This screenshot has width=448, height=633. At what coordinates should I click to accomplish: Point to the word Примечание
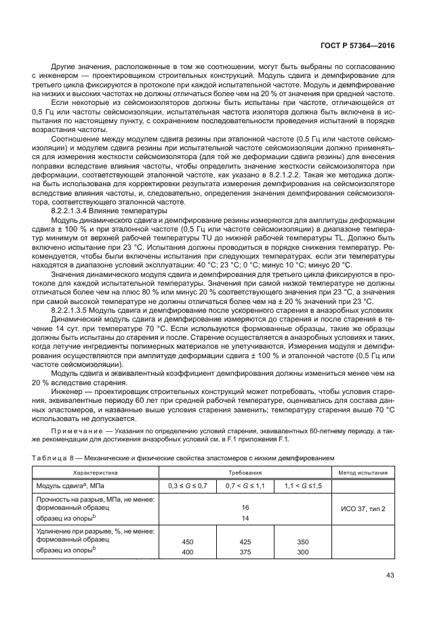[x=76, y=431]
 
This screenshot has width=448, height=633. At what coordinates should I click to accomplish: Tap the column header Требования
[x=243, y=472]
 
